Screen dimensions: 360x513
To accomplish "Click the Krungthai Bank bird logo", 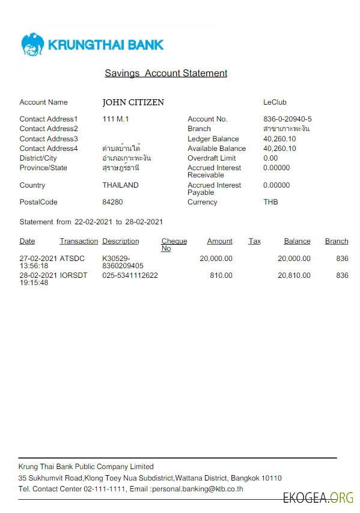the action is (32, 45).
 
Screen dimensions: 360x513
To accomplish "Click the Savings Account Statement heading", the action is (166, 73).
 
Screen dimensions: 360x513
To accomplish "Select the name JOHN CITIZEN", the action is (133, 102).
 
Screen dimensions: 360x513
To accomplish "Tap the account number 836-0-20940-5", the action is (287, 119).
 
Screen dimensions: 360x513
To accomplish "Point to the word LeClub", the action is (275, 102).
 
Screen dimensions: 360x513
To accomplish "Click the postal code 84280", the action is (112, 202).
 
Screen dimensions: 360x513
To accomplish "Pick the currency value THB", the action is (270, 202).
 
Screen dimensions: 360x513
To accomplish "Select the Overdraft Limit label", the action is (212, 158).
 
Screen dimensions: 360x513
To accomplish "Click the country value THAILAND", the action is (120, 185).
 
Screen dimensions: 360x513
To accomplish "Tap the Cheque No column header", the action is (174, 245).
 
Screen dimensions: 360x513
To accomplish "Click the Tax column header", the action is (254, 241).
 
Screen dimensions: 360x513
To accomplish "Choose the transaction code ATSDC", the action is (72, 259).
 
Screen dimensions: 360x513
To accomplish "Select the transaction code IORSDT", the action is (73, 275).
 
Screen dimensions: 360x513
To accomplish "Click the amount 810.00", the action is (221, 275).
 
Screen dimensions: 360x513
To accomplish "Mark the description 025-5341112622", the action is (130, 275).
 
